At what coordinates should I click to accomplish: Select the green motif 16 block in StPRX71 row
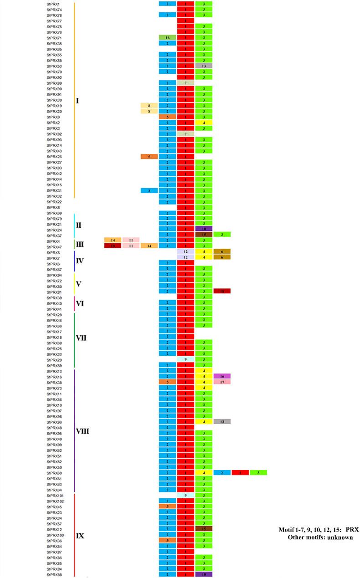[x=167, y=38]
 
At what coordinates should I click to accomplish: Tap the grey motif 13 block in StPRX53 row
[x=204, y=66]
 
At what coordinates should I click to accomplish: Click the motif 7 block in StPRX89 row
[x=185, y=83]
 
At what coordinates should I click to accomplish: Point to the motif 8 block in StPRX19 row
[x=149, y=106]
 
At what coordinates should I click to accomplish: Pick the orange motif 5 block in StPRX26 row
[x=149, y=157]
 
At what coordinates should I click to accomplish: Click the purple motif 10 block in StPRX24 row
[x=204, y=229]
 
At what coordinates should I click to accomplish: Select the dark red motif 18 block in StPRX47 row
[x=113, y=246]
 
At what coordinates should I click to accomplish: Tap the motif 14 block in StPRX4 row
[x=113, y=240]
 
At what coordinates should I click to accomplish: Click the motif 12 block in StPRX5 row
[x=185, y=251]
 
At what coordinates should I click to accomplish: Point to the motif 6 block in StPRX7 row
[x=222, y=257]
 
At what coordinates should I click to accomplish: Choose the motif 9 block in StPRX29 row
[x=185, y=359]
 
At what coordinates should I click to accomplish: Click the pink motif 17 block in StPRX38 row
[x=222, y=382]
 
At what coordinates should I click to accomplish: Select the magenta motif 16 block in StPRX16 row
[x=222, y=376]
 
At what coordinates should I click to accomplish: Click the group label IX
[x=80, y=536]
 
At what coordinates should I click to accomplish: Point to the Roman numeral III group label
[x=80, y=245]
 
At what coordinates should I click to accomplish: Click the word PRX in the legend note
[x=352, y=530]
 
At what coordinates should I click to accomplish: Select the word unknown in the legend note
[x=339, y=537]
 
